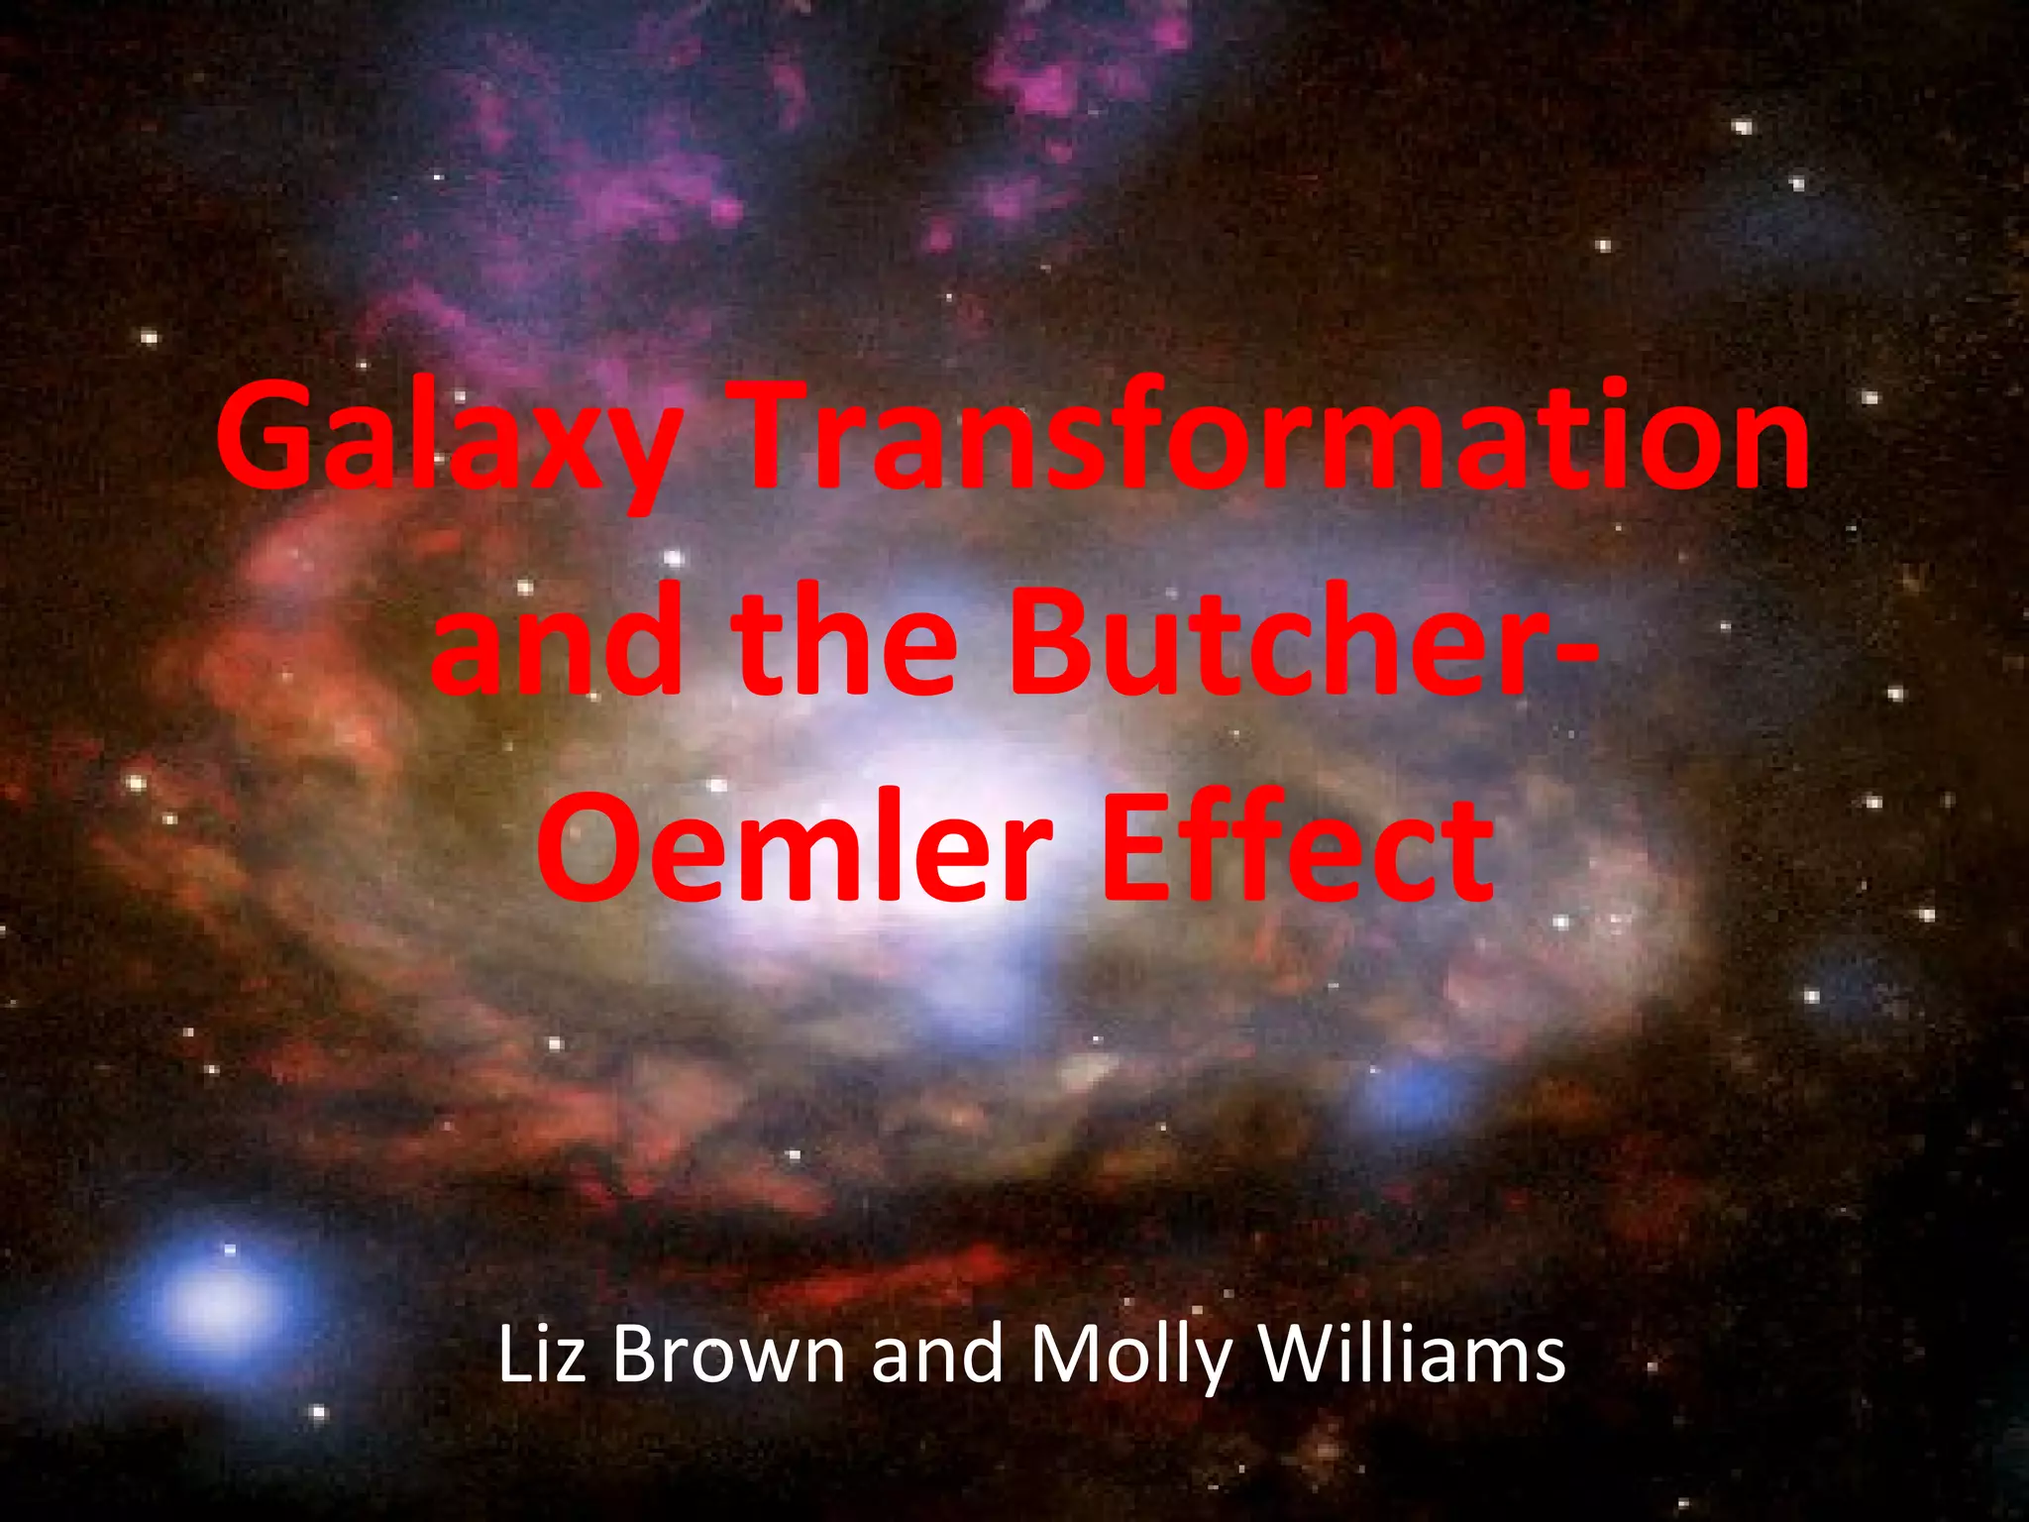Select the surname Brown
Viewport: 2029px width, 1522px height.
click(x=728, y=1356)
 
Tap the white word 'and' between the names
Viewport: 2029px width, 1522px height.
click(x=937, y=1356)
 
